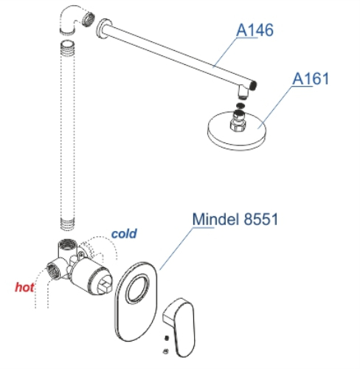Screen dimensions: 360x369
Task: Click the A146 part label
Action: (x=255, y=30)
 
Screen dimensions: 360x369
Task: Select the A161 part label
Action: (x=311, y=79)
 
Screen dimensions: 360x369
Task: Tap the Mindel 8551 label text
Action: (x=235, y=219)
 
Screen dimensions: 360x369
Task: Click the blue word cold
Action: (x=124, y=233)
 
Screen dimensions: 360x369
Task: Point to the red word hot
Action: (x=24, y=287)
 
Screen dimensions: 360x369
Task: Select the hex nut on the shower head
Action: (x=238, y=124)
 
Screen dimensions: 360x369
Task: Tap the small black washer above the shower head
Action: (x=240, y=106)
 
